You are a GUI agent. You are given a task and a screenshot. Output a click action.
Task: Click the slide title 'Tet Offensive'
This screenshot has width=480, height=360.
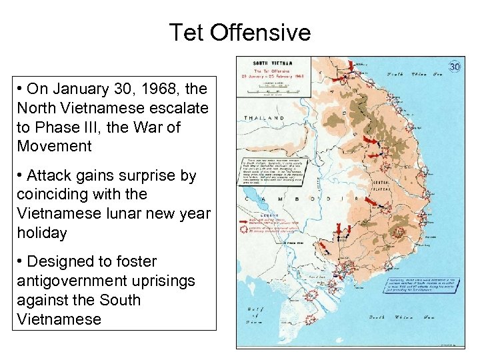[x=239, y=32]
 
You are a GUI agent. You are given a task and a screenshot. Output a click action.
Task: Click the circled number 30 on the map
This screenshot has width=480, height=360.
[x=455, y=67]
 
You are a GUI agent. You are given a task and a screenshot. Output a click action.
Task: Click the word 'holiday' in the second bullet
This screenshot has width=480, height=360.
[x=42, y=233]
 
